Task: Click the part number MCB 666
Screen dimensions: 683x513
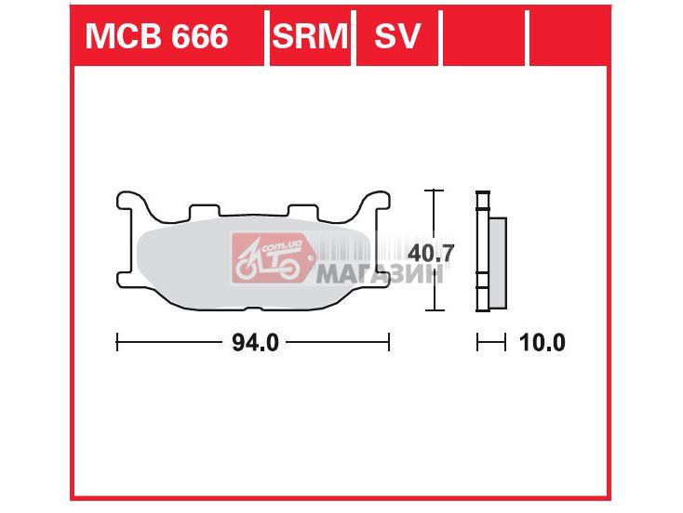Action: click(156, 36)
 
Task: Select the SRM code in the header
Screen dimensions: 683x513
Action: click(310, 36)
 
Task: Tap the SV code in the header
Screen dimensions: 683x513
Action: click(396, 36)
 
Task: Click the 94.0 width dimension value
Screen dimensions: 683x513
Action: click(255, 343)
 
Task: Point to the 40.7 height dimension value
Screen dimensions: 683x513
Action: click(430, 253)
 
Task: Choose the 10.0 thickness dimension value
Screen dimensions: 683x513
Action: click(542, 343)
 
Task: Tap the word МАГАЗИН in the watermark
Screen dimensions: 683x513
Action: click(380, 274)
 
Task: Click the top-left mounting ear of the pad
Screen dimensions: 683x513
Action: click(133, 204)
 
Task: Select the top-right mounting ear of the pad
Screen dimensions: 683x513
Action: click(374, 204)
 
